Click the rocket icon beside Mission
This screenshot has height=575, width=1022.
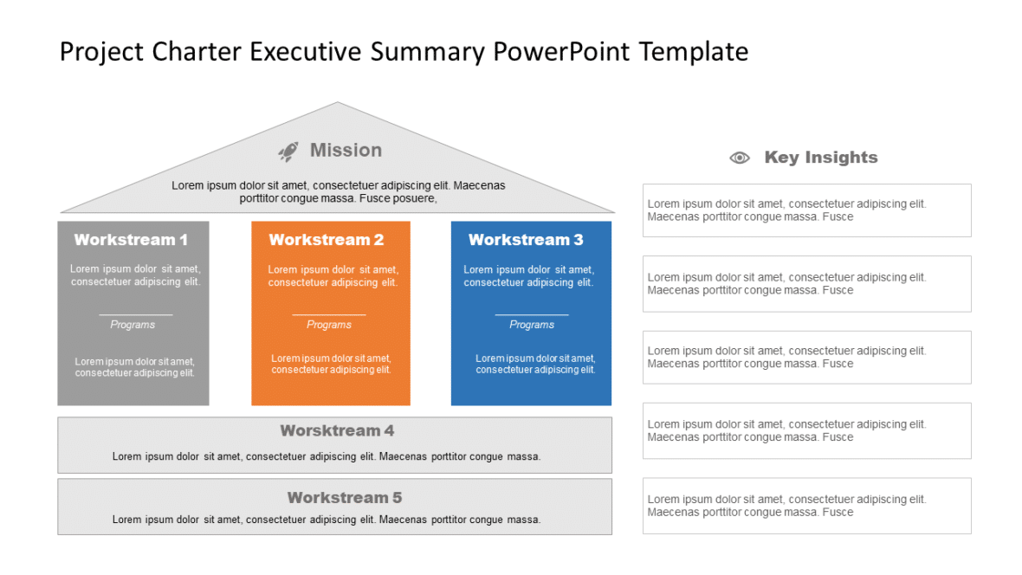point(288,152)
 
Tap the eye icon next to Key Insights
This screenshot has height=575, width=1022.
point(739,158)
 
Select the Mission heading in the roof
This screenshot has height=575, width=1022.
point(346,151)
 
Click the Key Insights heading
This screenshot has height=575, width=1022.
point(820,158)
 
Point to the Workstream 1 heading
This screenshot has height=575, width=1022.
point(131,240)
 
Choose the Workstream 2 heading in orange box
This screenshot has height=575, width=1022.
point(327,240)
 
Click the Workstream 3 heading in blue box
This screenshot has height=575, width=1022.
point(526,240)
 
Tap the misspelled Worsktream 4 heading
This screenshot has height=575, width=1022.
point(337,430)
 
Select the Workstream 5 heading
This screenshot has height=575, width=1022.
point(345,498)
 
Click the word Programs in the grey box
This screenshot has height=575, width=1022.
point(133,325)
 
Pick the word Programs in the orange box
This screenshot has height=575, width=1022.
point(329,325)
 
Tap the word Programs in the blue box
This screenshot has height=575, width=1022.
point(532,325)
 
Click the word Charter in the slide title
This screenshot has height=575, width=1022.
point(197,52)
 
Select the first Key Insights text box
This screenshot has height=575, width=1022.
point(806,210)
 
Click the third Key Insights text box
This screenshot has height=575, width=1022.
point(806,358)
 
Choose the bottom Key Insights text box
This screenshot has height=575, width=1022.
point(806,506)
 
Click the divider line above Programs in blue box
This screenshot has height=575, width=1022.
point(532,315)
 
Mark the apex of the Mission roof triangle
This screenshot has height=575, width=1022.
point(337,104)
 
